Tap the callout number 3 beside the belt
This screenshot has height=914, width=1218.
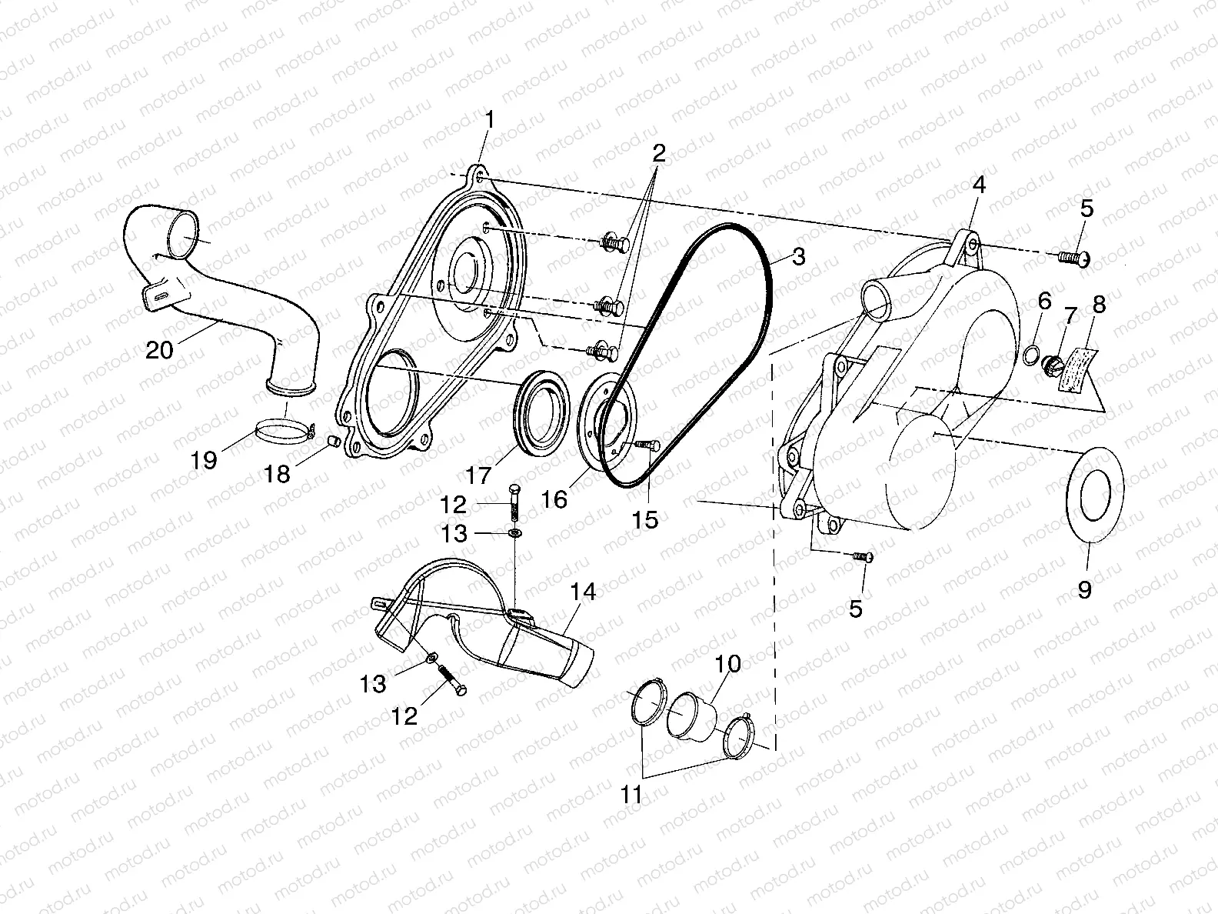pyautogui.click(x=798, y=256)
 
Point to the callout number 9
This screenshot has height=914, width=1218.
pyautogui.click(x=1084, y=590)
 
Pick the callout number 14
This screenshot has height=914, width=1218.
pyautogui.click(x=583, y=592)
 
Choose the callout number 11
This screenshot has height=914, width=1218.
pyautogui.click(x=631, y=794)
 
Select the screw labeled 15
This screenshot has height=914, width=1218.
pyautogui.click(x=644, y=445)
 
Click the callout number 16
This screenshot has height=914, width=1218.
pyautogui.click(x=554, y=499)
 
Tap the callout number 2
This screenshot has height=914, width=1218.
pyautogui.click(x=659, y=152)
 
